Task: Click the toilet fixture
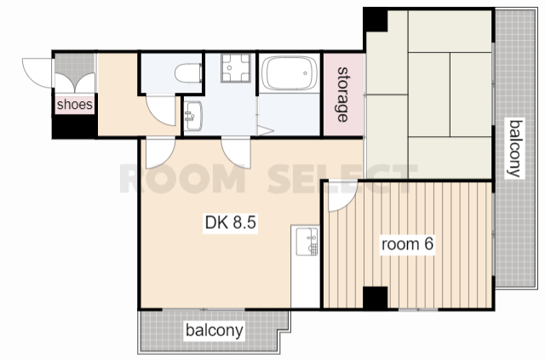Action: [188, 73]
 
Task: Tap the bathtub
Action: [290, 73]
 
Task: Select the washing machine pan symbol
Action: [236, 67]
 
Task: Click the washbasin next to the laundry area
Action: [193, 116]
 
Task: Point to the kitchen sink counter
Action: [305, 266]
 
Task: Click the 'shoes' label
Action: [75, 104]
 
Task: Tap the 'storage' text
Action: [343, 94]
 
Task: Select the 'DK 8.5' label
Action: [231, 222]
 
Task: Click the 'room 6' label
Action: [407, 244]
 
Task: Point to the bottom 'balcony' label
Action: [214, 330]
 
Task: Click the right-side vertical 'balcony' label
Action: [515, 148]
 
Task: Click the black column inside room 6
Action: [375, 298]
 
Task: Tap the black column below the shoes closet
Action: [75, 127]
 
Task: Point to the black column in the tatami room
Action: [376, 20]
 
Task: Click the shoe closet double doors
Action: [75, 83]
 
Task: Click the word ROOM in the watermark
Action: [182, 179]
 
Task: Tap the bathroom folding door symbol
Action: [265, 130]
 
